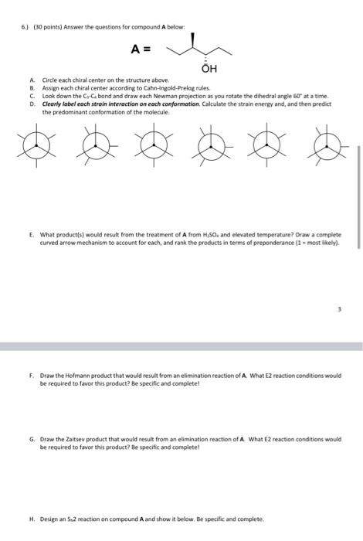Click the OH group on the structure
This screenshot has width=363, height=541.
[x=209, y=68]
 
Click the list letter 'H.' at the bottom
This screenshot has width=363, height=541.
[x=32, y=519]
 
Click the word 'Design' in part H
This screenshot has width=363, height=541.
[x=49, y=519]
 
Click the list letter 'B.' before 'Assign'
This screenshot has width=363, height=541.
[x=32, y=89]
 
